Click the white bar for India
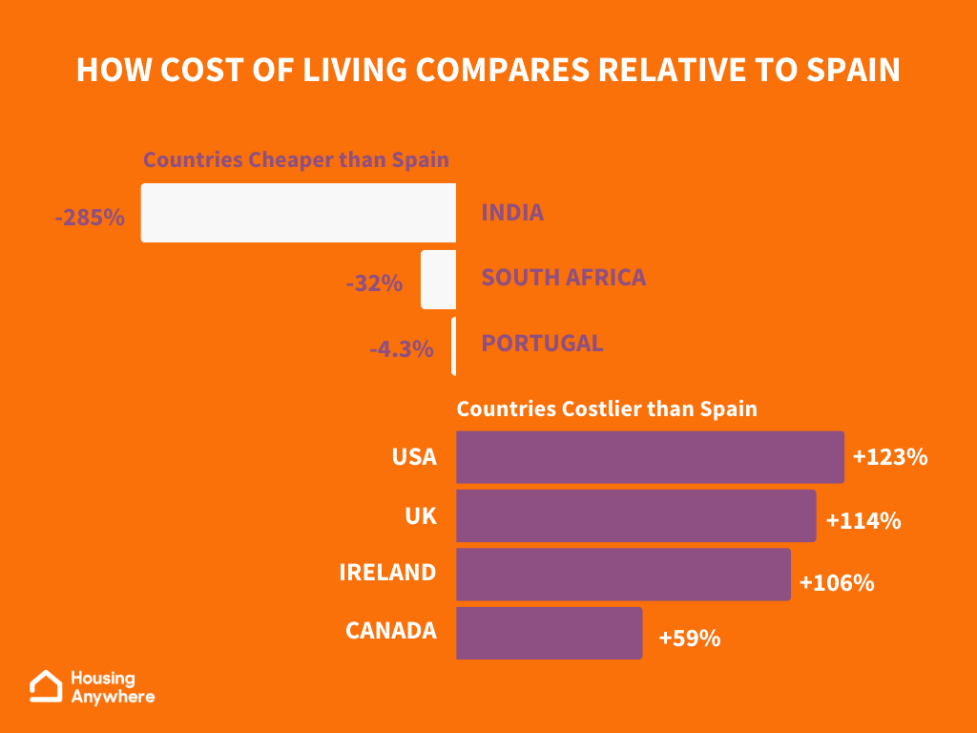click(299, 213)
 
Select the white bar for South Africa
click(438, 280)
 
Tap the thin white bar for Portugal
click(453, 346)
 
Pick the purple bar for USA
click(650, 457)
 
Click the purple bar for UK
click(635, 516)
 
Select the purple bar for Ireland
click(623, 575)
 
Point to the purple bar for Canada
click(549, 633)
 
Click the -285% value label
click(90, 218)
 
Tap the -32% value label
click(374, 283)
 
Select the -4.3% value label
click(402, 349)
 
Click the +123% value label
click(890, 457)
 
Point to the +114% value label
click(863, 521)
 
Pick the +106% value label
click(837, 582)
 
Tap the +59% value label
click(689, 639)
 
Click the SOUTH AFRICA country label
click(563, 278)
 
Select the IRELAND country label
click(387, 573)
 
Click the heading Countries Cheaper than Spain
click(296, 159)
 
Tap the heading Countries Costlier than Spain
click(607, 408)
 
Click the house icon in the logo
click(46, 686)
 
